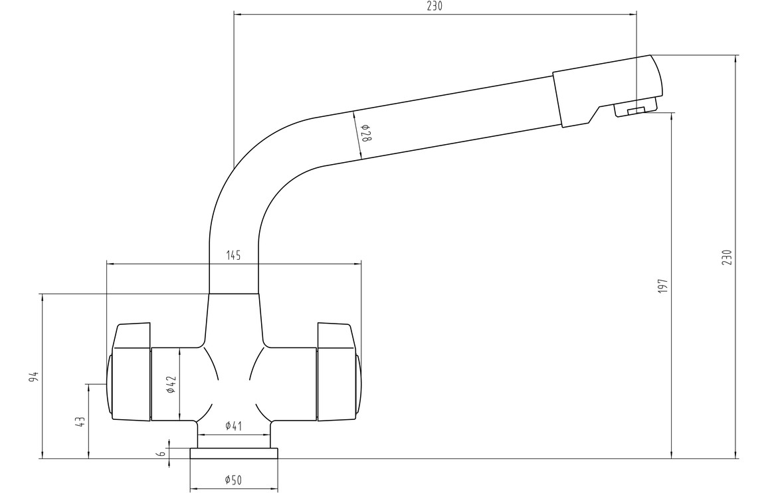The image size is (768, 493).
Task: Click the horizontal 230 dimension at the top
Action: (434, 7)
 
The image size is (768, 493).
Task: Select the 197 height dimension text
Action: (663, 286)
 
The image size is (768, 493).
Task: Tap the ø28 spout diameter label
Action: (366, 134)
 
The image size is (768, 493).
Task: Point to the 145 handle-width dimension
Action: (234, 255)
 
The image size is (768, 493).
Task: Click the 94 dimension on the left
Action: (34, 377)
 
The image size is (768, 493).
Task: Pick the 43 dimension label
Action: (80, 422)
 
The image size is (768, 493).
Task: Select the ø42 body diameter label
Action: (170, 384)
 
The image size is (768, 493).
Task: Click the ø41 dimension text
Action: (234, 426)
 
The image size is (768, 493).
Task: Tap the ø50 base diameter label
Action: (234, 480)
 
